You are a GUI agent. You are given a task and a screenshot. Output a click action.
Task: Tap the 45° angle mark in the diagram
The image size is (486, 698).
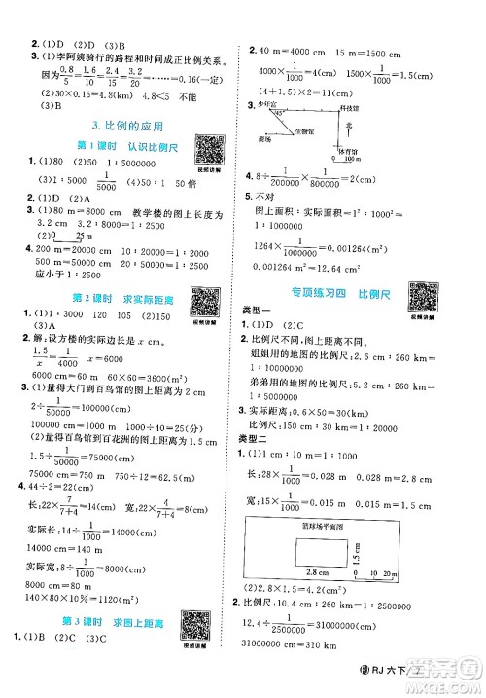point(277,112)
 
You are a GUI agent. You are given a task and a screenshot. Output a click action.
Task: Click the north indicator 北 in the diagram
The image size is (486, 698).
point(347,125)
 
